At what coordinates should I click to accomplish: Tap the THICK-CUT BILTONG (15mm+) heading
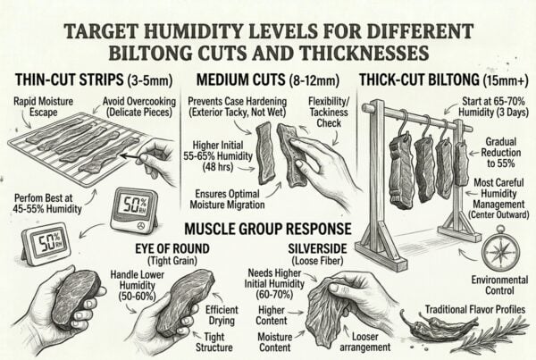pos(443,78)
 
